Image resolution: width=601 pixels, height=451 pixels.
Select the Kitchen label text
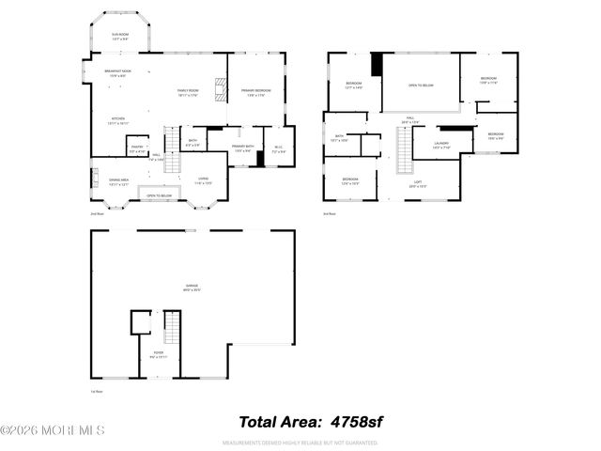[114, 120]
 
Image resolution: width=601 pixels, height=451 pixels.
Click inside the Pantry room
[136, 148]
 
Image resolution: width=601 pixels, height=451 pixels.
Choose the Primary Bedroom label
[254, 92]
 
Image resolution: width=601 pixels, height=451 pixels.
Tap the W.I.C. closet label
[278, 148]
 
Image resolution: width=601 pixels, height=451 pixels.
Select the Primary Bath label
[243, 148]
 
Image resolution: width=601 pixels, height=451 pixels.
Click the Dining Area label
[119, 181]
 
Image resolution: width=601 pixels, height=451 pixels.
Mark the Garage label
[192, 288]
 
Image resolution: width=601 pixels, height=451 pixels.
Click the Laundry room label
[441, 146]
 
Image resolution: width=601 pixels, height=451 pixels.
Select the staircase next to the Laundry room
[404, 150]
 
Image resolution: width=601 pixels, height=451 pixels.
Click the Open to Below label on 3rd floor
[420, 86]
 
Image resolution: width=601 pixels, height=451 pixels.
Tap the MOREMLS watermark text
[54, 430]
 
